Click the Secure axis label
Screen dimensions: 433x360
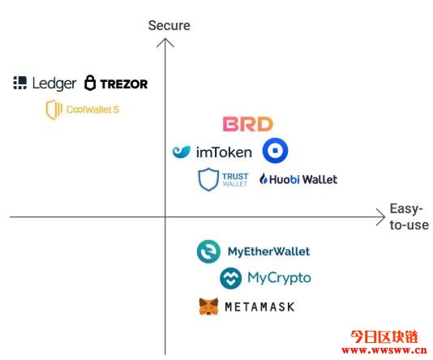(x=169, y=25)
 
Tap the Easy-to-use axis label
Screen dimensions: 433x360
(x=409, y=216)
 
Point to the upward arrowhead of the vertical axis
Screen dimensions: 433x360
(x=165, y=42)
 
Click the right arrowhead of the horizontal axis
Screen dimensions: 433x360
(x=381, y=217)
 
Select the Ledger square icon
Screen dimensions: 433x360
(x=20, y=83)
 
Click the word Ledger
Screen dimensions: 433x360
(x=54, y=84)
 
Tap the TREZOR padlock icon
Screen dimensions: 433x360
(x=90, y=83)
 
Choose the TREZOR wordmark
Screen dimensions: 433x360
(x=124, y=84)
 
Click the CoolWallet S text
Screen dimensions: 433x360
(x=92, y=109)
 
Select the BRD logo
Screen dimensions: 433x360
(x=248, y=124)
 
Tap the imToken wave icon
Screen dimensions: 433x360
(x=182, y=152)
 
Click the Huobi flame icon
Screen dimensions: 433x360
(x=264, y=179)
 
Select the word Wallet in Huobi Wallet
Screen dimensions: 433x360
(x=319, y=179)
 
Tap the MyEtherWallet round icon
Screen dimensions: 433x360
(x=208, y=251)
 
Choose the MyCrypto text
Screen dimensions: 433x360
(x=279, y=278)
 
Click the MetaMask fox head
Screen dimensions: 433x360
(x=208, y=306)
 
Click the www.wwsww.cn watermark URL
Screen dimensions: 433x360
(x=384, y=350)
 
